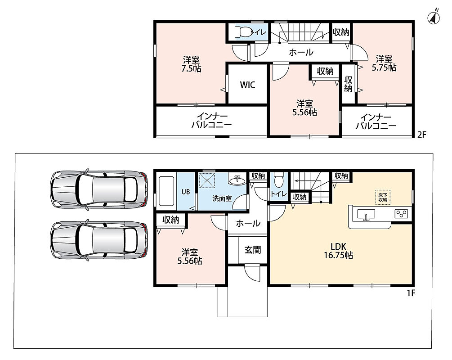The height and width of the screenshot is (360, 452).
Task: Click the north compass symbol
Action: (433, 18)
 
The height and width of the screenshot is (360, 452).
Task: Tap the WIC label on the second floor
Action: (248, 85)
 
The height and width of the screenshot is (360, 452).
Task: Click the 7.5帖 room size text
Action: (191, 69)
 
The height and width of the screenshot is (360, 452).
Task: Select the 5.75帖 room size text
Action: (384, 67)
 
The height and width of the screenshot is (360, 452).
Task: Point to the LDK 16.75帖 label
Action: (338, 251)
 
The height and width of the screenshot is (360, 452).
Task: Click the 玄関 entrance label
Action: (252, 250)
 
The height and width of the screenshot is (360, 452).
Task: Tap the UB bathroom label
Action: (186, 192)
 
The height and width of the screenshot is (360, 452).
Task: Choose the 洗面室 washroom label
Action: (222, 198)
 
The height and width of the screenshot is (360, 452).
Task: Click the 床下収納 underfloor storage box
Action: (383, 197)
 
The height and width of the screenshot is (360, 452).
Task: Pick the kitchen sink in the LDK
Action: (366, 215)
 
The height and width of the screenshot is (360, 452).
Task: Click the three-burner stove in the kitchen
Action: (402, 214)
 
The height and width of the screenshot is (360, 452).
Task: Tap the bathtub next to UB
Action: (166, 191)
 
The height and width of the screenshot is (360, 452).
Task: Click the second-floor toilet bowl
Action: (243, 31)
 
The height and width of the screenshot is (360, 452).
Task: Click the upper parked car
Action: (98, 189)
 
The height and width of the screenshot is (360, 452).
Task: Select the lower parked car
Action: (98, 240)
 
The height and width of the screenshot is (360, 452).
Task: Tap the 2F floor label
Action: (421, 135)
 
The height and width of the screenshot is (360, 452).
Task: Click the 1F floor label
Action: (411, 293)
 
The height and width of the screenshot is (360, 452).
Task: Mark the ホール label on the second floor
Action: (301, 52)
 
